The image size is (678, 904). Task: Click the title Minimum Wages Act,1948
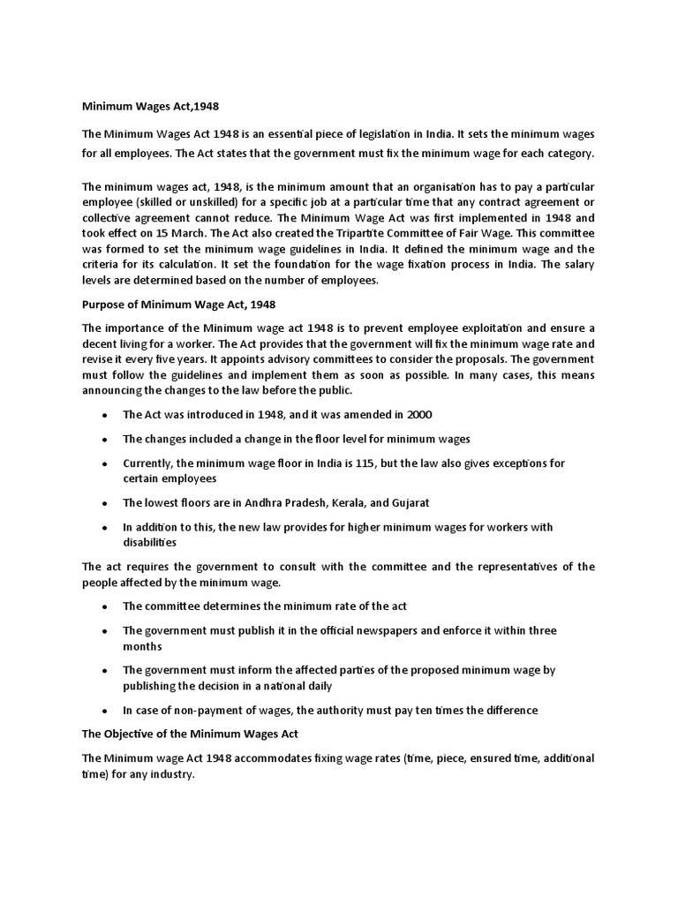(x=150, y=107)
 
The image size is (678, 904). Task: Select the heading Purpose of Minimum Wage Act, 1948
(x=179, y=305)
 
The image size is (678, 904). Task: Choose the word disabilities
(x=150, y=542)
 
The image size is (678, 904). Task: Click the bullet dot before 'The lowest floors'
(x=105, y=503)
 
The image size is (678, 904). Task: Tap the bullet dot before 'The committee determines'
(x=105, y=606)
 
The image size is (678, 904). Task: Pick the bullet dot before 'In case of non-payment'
(x=105, y=710)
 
